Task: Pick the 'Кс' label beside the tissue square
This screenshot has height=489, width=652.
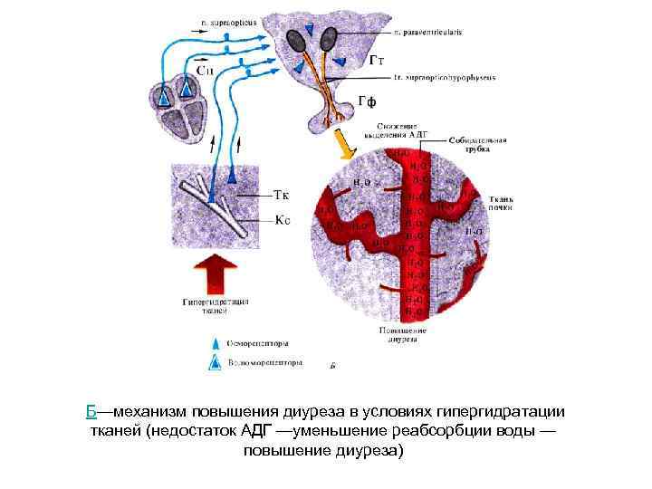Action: click(x=282, y=219)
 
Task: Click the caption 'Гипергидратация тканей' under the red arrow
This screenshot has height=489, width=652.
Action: click(x=216, y=305)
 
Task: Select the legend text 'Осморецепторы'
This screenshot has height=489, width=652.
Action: click(x=258, y=344)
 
